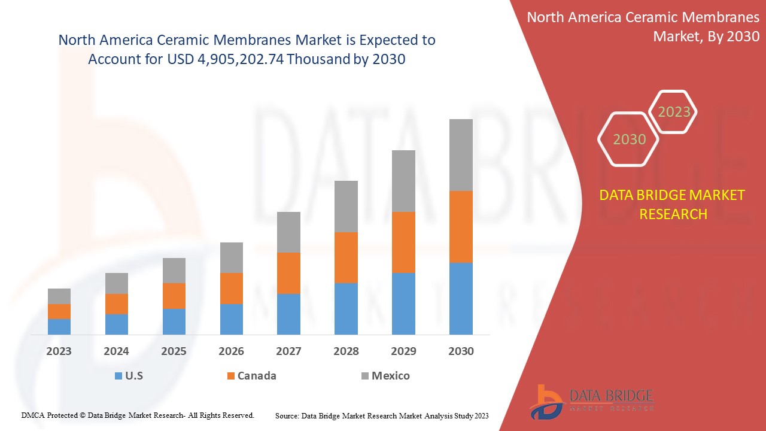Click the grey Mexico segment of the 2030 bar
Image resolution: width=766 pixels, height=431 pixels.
pos(461,154)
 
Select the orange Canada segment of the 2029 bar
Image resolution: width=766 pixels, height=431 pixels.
pos(403,242)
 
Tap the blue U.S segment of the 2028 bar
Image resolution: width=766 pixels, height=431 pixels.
pos(346,308)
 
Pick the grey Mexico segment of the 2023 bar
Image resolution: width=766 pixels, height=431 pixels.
pos(59,296)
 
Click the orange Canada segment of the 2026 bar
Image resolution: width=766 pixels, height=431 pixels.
pos(232,289)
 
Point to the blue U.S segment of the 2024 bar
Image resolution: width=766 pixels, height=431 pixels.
pos(117,324)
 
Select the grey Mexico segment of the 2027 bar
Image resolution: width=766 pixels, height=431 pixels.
pos(288,232)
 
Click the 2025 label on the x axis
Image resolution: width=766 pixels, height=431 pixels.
pos(174,351)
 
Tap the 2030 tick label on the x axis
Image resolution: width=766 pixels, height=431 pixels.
pos(461,351)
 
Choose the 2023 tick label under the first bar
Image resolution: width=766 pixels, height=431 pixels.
pos(59,351)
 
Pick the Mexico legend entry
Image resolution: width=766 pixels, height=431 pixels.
pos(385,376)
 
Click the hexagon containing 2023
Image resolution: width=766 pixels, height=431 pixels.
pos(673,112)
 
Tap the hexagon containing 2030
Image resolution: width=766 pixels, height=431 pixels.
pos(629,139)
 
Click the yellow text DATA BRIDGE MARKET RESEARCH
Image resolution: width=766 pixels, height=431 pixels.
pos(673,204)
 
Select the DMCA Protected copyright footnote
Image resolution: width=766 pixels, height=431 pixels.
pos(138,415)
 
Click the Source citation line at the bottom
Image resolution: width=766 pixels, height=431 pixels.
pos(382,415)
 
